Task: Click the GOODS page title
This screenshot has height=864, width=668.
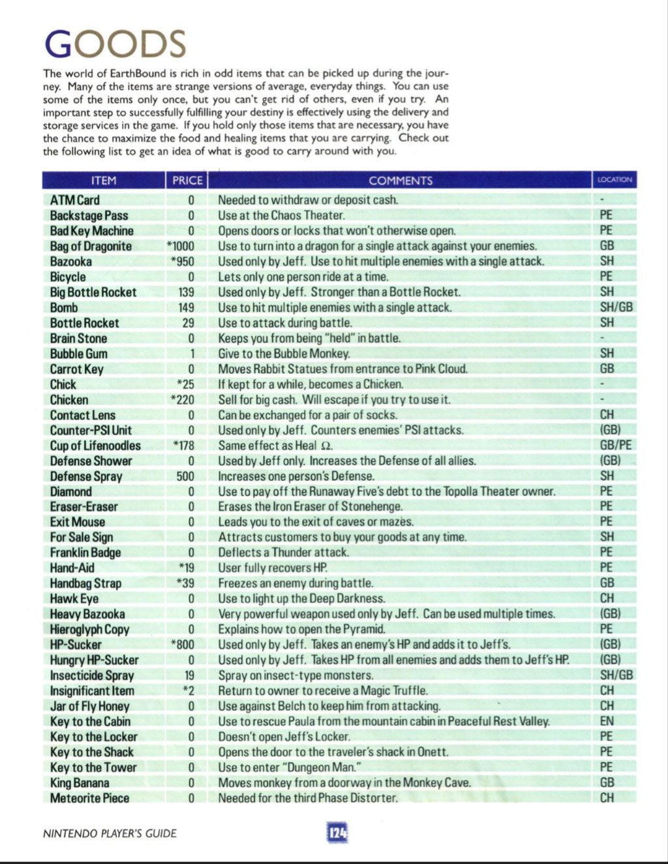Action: click(x=115, y=44)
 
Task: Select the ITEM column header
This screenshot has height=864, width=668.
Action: click(x=104, y=181)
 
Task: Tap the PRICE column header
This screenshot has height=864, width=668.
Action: click(x=187, y=181)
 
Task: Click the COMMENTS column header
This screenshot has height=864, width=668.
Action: click(x=401, y=181)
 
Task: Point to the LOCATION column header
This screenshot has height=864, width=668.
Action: click(x=615, y=180)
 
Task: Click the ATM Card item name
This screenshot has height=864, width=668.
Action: click(x=75, y=200)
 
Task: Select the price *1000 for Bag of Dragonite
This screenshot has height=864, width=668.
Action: click(x=181, y=246)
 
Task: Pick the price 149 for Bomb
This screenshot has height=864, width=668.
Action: click(x=186, y=307)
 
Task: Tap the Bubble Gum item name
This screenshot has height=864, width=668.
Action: click(x=79, y=354)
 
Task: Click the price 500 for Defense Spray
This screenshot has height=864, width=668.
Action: click(x=185, y=476)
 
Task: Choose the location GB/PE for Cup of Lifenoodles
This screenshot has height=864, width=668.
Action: click(x=616, y=446)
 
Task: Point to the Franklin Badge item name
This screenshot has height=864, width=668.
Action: click(x=85, y=553)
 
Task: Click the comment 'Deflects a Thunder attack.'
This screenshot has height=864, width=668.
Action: click(x=284, y=553)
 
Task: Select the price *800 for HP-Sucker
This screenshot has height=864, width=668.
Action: click(x=183, y=645)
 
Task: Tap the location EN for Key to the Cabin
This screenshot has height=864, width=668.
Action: click(x=607, y=721)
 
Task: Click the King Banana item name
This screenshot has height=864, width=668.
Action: click(x=80, y=782)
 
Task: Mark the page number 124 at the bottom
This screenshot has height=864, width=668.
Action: click(x=337, y=833)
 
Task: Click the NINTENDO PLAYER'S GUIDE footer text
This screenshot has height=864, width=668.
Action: click(x=110, y=833)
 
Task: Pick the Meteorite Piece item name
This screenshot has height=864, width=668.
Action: click(x=89, y=798)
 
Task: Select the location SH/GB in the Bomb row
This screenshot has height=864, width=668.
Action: click(x=616, y=307)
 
